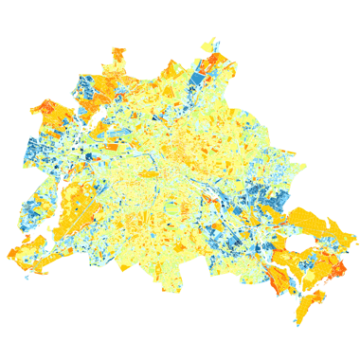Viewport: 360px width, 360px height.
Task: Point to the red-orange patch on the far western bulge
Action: point(45,107)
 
